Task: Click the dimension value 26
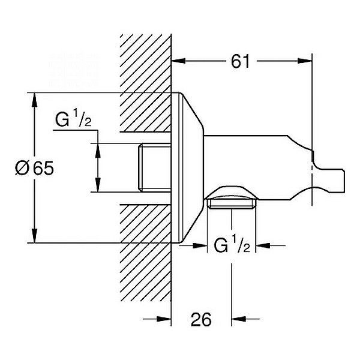202,320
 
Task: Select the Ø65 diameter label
34,169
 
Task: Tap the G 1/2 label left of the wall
73,121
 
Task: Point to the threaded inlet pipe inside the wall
155,168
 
